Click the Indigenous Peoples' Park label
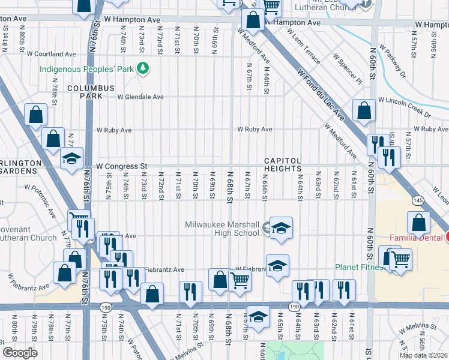click(86, 69)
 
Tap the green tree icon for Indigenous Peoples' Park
click(142, 69)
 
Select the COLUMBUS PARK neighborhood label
click(90, 92)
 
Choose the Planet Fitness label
click(359, 267)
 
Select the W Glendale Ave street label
click(140, 97)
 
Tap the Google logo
click(20, 353)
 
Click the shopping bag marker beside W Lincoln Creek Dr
click(364, 110)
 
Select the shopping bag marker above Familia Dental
click(418, 223)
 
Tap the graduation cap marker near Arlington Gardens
click(71, 158)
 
